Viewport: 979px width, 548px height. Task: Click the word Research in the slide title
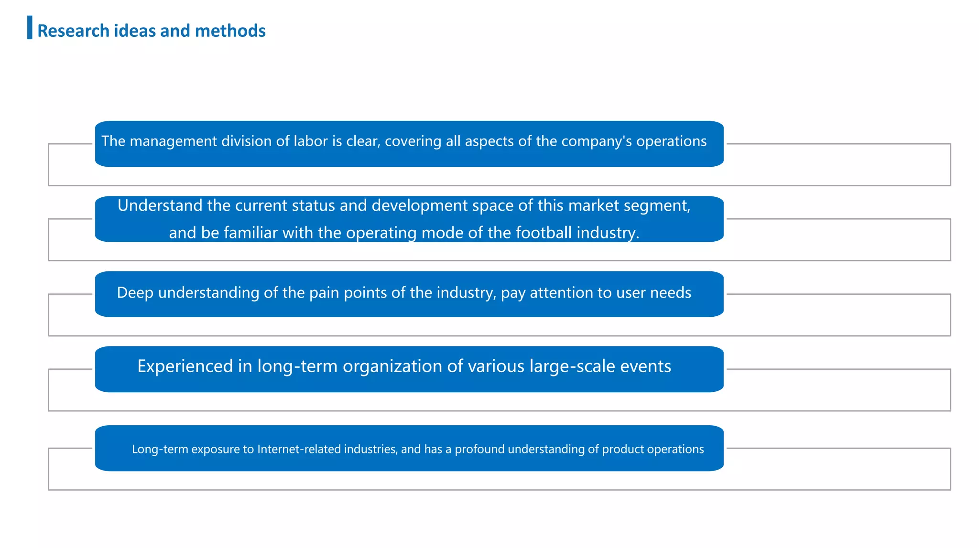pos(73,31)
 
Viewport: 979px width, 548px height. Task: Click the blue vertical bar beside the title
pos(30,27)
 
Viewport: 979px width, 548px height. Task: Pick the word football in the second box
pos(538,233)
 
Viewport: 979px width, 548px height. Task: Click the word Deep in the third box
pos(135,292)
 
